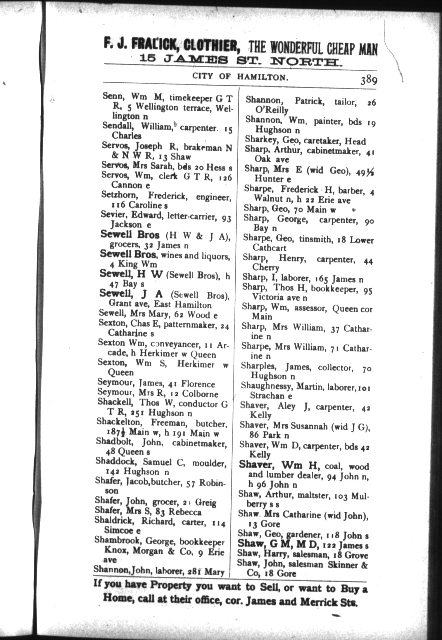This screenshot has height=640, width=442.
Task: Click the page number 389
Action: pos(369,79)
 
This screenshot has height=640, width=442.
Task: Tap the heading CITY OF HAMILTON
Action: pos(240,77)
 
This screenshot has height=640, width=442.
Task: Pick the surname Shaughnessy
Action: pos(267,386)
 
